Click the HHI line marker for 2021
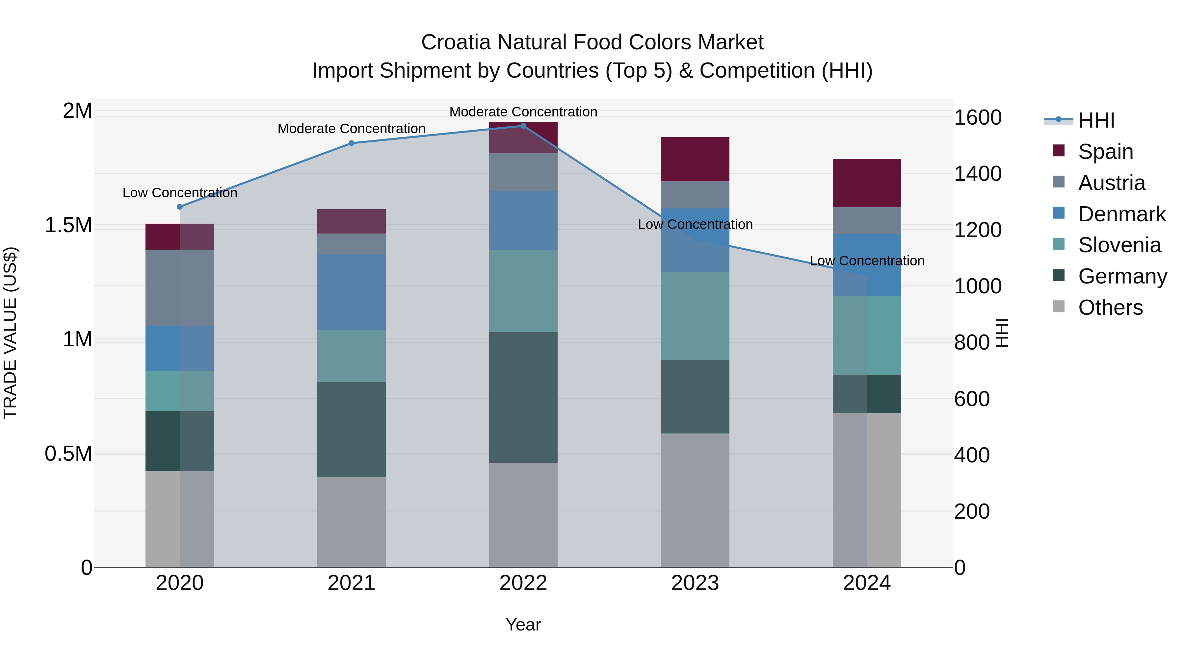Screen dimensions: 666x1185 click(x=352, y=143)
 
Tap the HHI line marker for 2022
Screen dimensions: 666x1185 click(x=523, y=126)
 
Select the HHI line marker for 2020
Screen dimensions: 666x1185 click(x=180, y=207)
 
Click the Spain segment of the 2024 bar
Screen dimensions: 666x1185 click(x=867, y=183)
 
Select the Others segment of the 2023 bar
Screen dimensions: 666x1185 click(x=695, y=500)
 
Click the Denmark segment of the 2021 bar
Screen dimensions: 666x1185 click(x=352, y=292)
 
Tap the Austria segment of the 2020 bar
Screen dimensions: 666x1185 click(x=180, y=288)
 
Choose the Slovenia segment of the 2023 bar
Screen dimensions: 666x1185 click(x=695, y=316)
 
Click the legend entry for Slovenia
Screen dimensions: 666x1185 click(x=1119, y=245)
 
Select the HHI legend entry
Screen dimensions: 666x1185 click(x=1096, y=120)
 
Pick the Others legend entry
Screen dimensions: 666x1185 click(x=1110, y=308)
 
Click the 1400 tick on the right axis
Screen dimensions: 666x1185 click(x=978, y=174)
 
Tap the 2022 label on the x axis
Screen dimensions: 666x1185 click(x=523, y=583)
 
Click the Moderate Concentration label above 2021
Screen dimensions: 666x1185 click(x=352, y=129)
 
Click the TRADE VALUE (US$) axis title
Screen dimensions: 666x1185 click(x=10, y=333)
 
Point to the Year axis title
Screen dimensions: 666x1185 click(x=523, y=625)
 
